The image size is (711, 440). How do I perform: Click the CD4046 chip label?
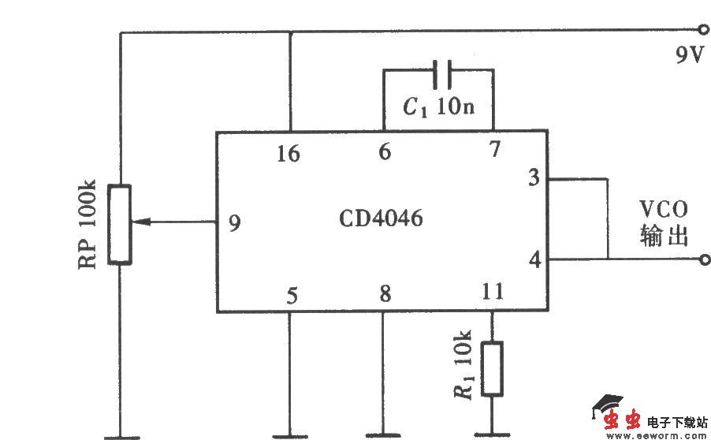pos(381,218)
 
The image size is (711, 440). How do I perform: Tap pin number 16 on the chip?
pos(288,154)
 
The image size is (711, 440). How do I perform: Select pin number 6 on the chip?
pos(384,152)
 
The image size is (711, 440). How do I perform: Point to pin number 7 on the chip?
pos(494,150)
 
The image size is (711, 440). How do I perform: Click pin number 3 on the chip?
pos(534,178)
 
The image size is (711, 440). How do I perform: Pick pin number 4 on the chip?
pos(534,259)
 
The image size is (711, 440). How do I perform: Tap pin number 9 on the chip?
pos(235,223)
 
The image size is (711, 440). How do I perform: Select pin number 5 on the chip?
pos(292,296)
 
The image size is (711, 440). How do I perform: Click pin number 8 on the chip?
pos(385,294)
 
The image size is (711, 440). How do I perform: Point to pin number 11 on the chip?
pos(492,293)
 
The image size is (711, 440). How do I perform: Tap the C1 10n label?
pos(438,107)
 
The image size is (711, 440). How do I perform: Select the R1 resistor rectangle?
pos(493,368)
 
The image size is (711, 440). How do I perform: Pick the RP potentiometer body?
pos(120,224)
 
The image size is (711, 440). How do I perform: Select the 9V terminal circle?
pos(704,32)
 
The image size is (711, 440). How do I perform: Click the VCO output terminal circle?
pos(704,259)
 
